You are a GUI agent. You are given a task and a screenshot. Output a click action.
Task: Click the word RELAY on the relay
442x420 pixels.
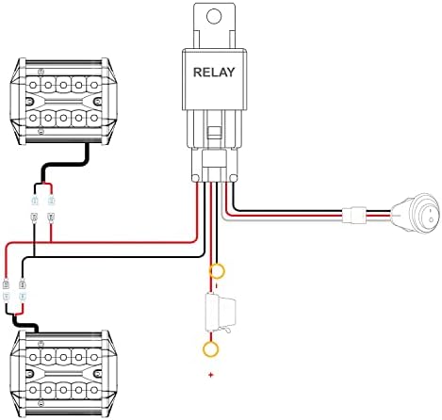coord(214,73)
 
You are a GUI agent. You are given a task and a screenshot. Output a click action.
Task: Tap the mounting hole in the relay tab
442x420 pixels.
coord(214,16)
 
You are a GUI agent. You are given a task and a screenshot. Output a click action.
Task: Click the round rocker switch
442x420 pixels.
coord(416,215)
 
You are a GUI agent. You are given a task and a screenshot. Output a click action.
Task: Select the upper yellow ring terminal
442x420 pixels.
coord(217,271)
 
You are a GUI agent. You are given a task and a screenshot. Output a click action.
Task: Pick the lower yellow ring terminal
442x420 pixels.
coord(211,348)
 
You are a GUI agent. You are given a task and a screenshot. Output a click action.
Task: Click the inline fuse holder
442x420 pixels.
coord(220,313)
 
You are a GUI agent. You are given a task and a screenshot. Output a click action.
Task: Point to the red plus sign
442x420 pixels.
coord(211,375)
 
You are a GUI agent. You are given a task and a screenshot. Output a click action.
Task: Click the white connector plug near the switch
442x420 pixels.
coord(354,215)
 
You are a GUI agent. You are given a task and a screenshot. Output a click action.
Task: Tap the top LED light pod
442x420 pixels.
coord(64,101)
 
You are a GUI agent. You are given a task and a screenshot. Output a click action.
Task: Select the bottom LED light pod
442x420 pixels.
coord(64,374)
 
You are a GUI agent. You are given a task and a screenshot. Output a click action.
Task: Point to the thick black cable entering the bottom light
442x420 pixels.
coord(25,324)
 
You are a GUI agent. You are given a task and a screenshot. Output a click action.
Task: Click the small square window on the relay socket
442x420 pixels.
coord(214,132)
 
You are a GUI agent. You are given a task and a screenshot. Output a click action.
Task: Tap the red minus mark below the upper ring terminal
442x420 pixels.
coord(216,285)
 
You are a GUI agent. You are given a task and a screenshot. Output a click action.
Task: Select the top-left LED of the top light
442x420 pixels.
coord(33,85)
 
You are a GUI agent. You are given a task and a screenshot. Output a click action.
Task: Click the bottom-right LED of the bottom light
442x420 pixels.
coord(94,390)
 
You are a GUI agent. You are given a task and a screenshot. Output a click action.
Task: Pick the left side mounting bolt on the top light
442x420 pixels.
coord(30,102)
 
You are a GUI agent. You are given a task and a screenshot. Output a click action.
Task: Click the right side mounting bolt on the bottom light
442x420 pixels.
coord(98,374)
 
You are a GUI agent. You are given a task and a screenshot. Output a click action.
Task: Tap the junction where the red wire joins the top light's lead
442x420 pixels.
coord(51,242)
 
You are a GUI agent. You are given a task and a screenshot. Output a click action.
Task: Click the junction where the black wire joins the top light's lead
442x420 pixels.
coord(34,257)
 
